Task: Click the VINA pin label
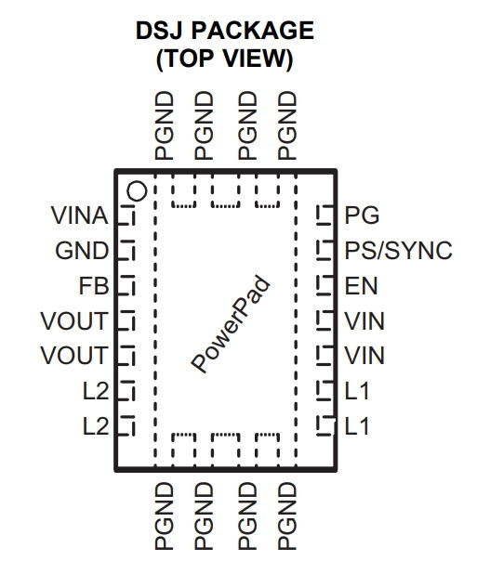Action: pyautogui.click(x=80, y=215)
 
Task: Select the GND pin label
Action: pyautogui.click(x=82, y=251)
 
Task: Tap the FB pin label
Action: pyautogui.click(x=94, y=286)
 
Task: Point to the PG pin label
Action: pyautogui.click(x=362, y=215)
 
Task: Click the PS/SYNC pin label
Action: pyautogui.click(x=399, y=251)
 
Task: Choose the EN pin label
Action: pyautogui.click(x=361, y=286)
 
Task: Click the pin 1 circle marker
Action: pyautogui.click(x=137, y=191)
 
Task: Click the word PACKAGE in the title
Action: pyautogui.click(x=252, y=30)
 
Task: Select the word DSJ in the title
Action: pyautogui.click(x=159, y=30)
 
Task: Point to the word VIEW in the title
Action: pyautogui.click(x=258, y=59)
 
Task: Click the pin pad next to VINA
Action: pyautogui.click(x=126, y=215)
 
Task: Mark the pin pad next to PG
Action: pyautogui.click(x=325, y=215)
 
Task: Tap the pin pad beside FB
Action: pyautogui.click(x=126, y=286)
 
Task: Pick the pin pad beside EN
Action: pyautogui.click(x=325, y=286)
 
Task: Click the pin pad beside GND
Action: pyautogui.click(x=126, y=251)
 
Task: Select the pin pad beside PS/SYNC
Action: pyautogui.click(x=325, y=251)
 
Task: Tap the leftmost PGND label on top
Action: pyautogui.click(x=165, y=125)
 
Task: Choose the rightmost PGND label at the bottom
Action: pyautogui.click(x=287, y=516)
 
